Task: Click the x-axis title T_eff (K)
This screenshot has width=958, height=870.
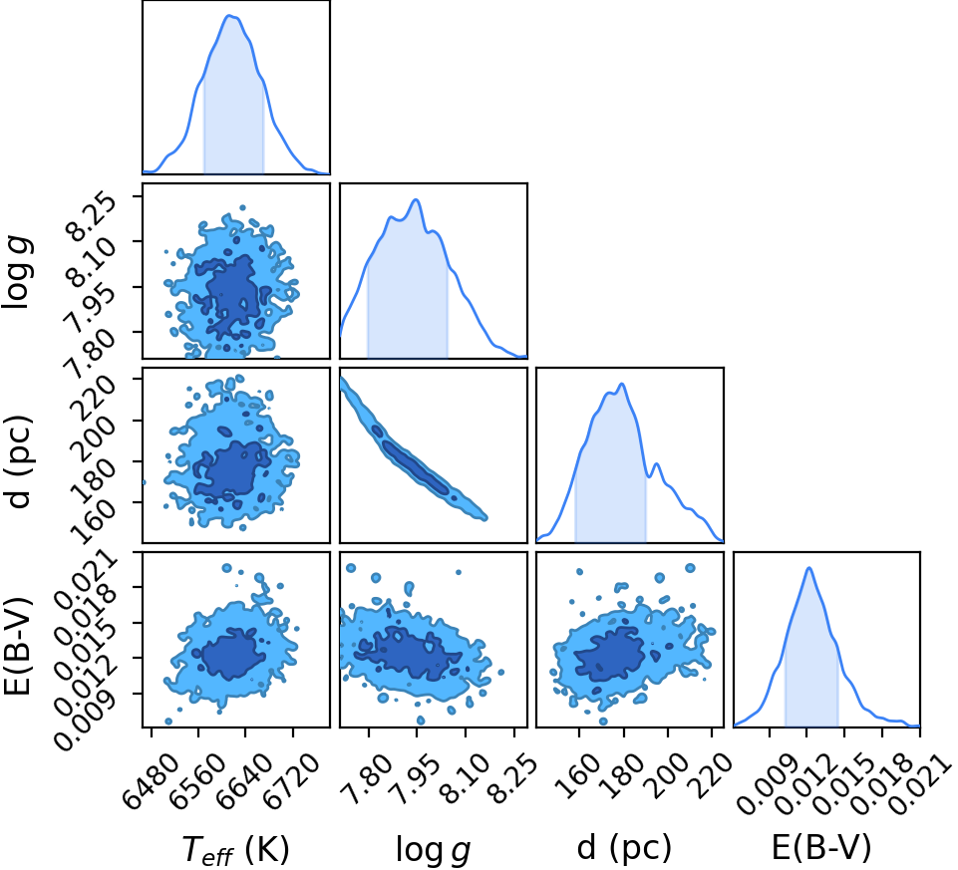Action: coord(236,849)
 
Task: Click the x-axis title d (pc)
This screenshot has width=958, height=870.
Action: coord(624,848)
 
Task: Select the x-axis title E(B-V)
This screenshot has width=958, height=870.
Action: coord(820,848)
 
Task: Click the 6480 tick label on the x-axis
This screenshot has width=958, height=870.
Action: coord(151,772)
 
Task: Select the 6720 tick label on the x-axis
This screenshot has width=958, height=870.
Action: coord(292,772)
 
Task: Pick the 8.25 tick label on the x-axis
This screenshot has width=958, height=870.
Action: coord(513,772)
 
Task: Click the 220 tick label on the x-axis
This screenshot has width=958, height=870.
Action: coord(713,771)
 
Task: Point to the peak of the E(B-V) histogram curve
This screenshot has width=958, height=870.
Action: coord(809,568)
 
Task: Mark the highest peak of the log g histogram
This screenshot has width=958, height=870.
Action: coord(416,199)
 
